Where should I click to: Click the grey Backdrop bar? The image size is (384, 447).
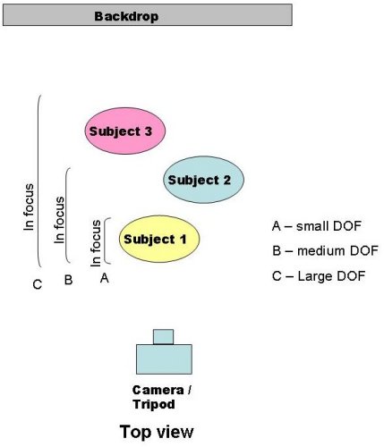point(148,15)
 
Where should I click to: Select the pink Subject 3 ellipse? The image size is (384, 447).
point(125,131)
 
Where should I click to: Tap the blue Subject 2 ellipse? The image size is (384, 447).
point(203,180)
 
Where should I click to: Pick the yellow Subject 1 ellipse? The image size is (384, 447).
point(159,239)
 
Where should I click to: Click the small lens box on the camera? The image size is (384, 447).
point(163,337)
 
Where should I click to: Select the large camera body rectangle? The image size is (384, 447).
point(164,359)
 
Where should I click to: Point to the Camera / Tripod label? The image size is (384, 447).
point(162,397)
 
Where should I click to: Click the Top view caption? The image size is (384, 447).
point(157,432)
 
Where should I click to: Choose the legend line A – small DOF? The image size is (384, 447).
point(317,226)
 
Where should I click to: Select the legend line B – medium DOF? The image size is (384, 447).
point(325,251)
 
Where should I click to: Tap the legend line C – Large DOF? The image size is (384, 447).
point(319,276)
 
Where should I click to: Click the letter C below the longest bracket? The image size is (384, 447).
point(38,284)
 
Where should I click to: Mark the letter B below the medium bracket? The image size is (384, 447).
point(68,280)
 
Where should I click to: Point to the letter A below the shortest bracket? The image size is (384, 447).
point(105,278)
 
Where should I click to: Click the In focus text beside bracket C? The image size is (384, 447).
point(29,207)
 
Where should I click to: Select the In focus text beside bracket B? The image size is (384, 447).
point(59,220)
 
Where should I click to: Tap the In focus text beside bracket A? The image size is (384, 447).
point(96,243)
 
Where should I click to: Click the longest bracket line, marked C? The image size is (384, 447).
point(38,181)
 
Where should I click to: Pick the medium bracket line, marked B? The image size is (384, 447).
point(66,215)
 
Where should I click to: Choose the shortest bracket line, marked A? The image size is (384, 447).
point(105,240)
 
